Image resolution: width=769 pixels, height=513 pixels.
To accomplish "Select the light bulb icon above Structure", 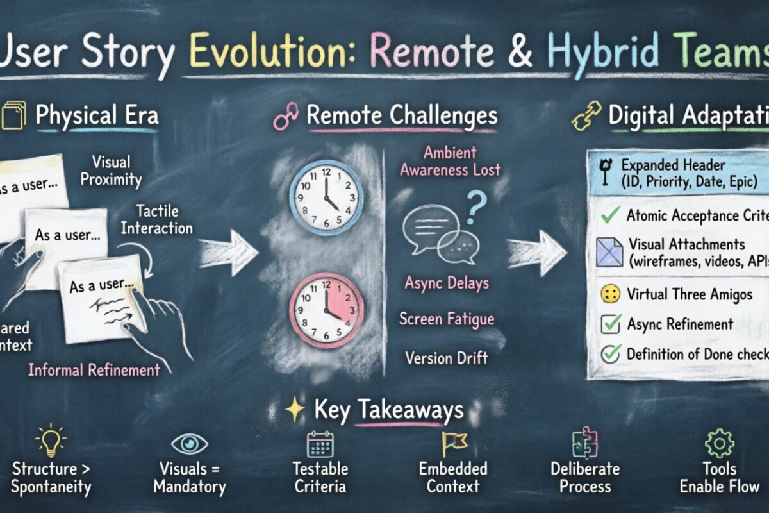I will point(51,442).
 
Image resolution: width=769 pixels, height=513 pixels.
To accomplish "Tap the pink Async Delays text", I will point(447,283).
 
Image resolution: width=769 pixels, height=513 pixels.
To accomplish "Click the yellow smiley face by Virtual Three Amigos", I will point(611,295).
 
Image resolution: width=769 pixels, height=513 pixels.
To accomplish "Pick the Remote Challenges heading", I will point(402,115).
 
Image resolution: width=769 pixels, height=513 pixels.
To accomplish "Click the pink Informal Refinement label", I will point(94,369).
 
